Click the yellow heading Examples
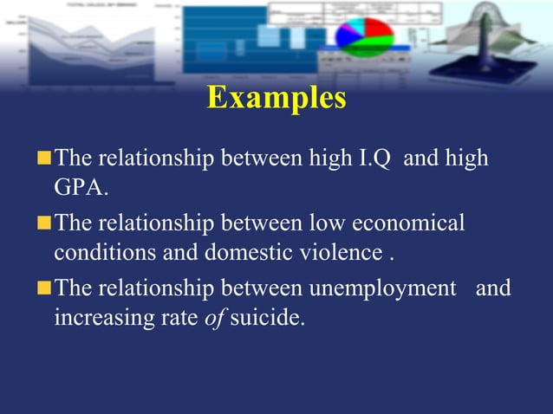click(x=276, y=97)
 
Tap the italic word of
click(x=215, y=318)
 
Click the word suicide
click(x=268, y=318)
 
